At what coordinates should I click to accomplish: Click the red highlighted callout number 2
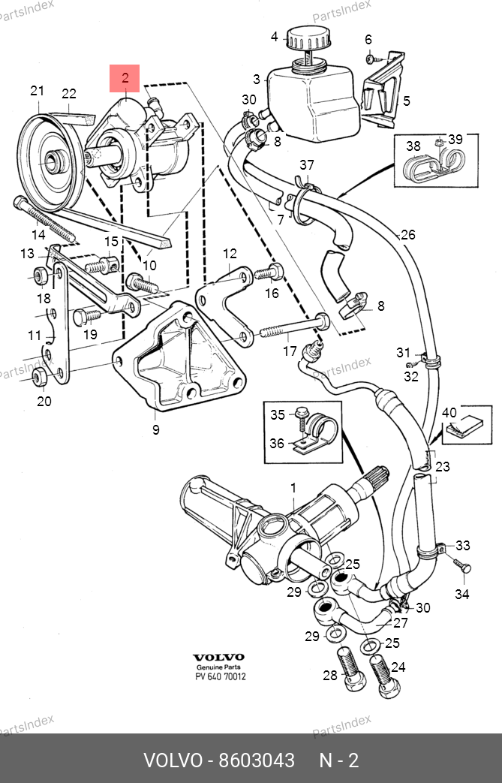tap(125, 77)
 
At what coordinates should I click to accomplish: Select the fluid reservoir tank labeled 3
tap(314, 100)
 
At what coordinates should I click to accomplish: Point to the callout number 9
tap(155, 429)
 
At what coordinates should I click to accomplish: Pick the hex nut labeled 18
tap(40, 276)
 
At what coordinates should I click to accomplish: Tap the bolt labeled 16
tap(269, 273)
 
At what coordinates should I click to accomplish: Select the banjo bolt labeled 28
tap(351, 669)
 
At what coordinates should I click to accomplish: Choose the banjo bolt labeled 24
tap(384, 676)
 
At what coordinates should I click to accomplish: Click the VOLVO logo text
tap(218, 657)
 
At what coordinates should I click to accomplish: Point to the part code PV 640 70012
tap(220, 677)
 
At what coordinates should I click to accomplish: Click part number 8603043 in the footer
tap(257, 760)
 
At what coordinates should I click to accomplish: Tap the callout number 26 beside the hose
tap(408, 235)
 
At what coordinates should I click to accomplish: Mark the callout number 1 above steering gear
tap(293, 487)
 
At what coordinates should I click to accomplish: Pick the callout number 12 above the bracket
tap(230, 254)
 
